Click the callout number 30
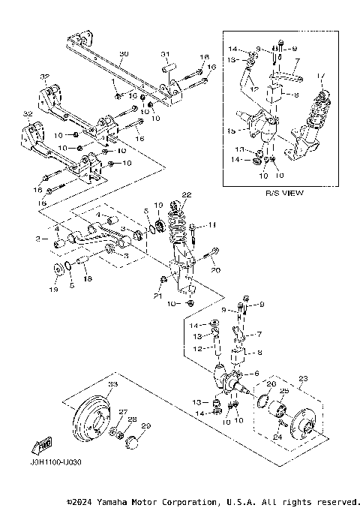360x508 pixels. point(124,54)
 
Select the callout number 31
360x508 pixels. point(166,53)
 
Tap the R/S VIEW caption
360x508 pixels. point(284,193)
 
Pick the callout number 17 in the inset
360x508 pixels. point(321,75)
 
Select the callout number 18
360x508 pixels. point(88,279)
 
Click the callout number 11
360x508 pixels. point(212,224)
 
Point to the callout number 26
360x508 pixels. point(271,384)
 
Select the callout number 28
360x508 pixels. point(132,419)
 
